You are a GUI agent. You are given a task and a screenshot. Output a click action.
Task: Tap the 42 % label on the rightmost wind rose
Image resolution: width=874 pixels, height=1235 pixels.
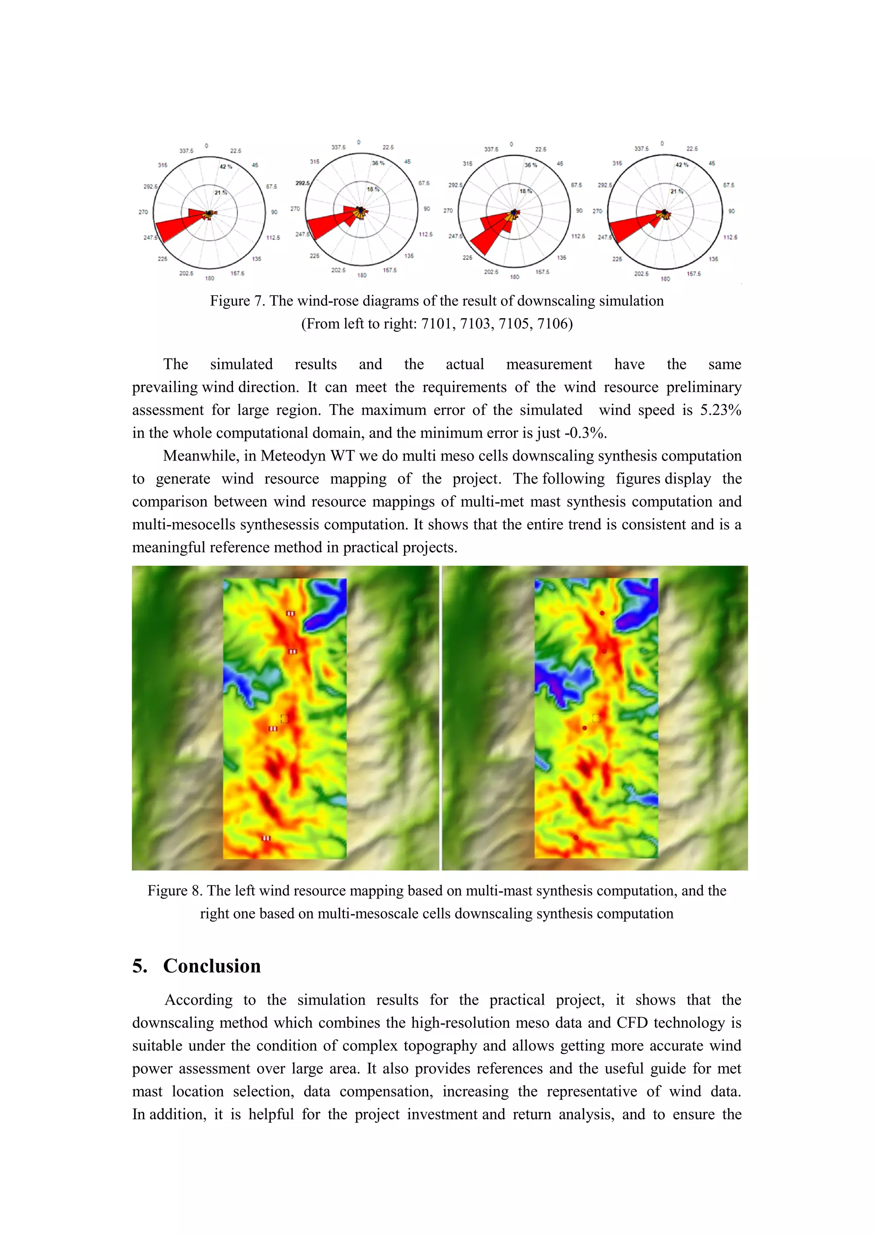coord(682,165)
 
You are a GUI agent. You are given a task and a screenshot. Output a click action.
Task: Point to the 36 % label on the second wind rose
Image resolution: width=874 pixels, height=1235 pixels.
coord(379,163)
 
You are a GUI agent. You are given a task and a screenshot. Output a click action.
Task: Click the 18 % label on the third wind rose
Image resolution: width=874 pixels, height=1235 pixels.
coord(526,191)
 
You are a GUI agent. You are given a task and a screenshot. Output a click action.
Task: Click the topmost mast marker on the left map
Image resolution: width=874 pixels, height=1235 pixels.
coord(291,613)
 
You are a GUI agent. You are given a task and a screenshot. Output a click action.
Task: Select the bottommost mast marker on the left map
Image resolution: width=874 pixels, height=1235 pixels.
coord(266,838)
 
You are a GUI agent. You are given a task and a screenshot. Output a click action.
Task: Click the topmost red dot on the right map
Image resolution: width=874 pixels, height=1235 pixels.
coord(602,613)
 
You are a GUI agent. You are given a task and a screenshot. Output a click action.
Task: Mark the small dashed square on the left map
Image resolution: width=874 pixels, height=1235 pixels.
coord(285,719)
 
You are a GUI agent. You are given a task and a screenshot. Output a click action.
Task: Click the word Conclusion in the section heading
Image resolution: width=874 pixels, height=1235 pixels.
coord(212,966)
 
